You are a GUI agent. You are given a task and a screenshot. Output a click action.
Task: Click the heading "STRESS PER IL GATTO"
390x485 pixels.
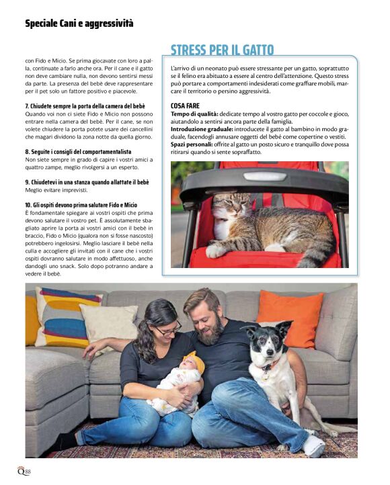[x=222, y=50]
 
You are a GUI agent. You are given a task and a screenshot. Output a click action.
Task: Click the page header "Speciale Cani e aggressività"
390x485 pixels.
[x=79, y=24]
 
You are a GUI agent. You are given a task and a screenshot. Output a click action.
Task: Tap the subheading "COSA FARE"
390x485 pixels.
[x=186, y=106]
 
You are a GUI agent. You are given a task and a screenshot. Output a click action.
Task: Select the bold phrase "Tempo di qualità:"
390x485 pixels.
[x=194, y=114]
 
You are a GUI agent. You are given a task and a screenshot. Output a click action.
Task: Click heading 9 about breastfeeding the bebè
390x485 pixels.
[x=87, y=182]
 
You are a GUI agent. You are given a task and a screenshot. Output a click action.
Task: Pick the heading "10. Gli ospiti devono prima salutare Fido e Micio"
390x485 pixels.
[x=81, y=204]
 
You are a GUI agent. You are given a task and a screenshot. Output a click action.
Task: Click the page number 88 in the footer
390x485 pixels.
[x=26, y=471]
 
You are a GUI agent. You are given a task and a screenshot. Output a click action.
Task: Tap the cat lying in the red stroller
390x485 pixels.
[x=262, y=225]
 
